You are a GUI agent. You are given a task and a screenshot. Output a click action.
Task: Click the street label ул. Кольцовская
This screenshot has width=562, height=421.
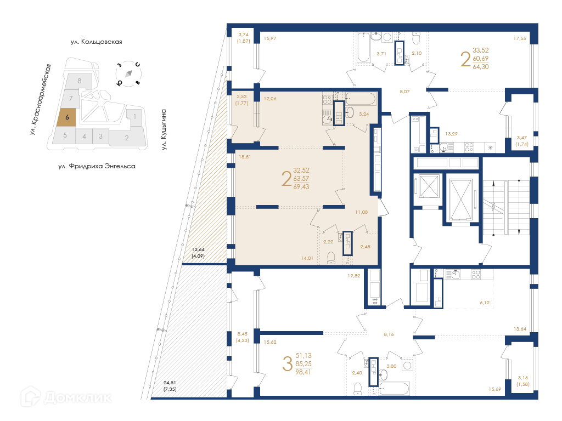pos(97,42)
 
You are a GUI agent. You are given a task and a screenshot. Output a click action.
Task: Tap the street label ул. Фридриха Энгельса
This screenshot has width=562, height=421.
pos(97,166)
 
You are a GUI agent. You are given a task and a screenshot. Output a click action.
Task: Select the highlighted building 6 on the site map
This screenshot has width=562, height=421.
pos(66,117)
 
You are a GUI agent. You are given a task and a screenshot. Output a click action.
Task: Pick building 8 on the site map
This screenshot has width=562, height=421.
pos(80,81)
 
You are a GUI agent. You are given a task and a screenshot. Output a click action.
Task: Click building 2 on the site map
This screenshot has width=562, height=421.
pos(127,138)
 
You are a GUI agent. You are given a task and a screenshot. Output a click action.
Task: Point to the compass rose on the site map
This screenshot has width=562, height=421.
pos(128,74)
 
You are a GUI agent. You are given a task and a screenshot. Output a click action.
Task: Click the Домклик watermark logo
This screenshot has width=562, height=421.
pos(66,397)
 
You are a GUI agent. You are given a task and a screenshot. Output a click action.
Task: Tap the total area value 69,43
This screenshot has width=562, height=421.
pos(301,187)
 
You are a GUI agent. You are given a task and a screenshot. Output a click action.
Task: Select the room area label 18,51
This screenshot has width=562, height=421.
pos(245,157)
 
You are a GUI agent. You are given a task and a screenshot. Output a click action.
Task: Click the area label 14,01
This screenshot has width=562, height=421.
pos(307,258)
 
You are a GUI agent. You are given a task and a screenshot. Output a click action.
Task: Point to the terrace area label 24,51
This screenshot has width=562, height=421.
pos(170,383)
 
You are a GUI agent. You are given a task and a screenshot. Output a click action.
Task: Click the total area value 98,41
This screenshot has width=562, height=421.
pos(303,372)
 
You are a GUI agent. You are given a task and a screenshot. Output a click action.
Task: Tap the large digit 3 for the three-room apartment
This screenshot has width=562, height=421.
pos(288,364)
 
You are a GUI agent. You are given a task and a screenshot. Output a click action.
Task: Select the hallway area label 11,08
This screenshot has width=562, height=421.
pos(361,212)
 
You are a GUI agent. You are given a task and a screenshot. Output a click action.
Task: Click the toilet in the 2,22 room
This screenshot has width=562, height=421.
pos(331,258)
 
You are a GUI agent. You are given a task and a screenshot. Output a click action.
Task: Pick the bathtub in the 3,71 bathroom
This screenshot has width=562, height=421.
pos(363,48)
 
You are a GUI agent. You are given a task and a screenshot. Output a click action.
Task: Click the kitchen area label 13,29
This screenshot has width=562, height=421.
pos(451,134)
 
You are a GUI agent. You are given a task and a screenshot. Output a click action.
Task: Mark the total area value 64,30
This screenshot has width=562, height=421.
pos(481,67)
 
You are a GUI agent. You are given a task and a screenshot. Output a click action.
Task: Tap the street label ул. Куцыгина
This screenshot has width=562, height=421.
pos(164,129)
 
